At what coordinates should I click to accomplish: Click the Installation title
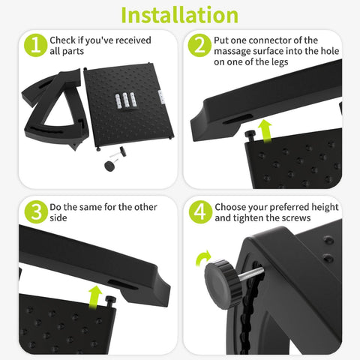[179, 15]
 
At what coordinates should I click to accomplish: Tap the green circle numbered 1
[35, 45]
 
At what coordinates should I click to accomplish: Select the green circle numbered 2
[199, 45]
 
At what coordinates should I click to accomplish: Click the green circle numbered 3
[36, 212]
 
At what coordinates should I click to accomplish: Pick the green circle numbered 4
[200, 212]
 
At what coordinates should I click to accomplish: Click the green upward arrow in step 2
[265, 131]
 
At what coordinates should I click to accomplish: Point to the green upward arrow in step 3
[95, 297]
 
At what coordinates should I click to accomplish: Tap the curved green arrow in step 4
[203, 258]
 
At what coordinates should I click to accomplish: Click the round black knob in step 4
[223, 283]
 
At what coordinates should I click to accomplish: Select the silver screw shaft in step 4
[250, 274]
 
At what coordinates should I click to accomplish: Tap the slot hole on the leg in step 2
[238, 119]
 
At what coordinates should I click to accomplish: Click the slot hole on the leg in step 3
[123, 284]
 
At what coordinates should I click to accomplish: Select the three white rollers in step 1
[125, 100]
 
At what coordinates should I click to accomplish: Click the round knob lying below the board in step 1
[109, 166]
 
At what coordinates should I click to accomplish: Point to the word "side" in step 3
[58, 217]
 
